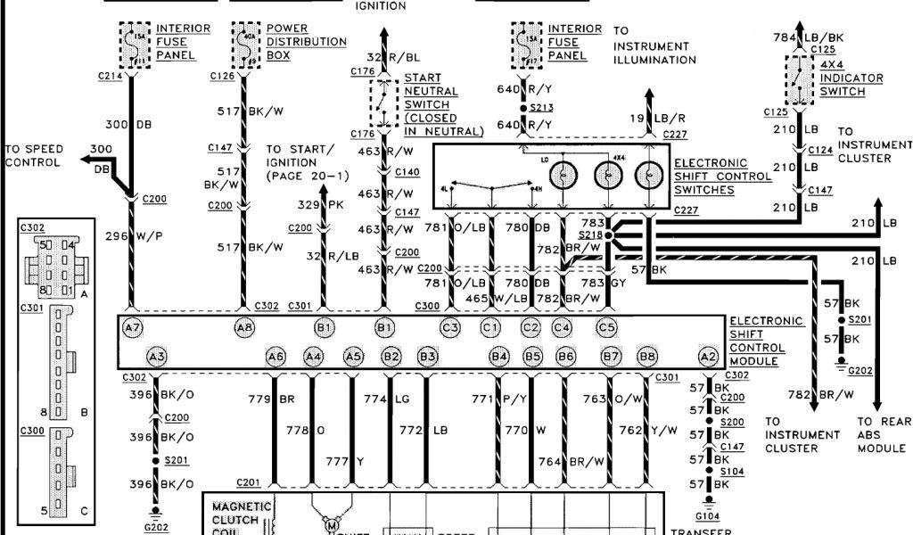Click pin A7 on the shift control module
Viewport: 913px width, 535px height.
[x=132, y=328]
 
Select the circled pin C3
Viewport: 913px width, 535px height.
[x=450, y=328]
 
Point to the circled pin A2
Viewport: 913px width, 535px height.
[x=708, y=357]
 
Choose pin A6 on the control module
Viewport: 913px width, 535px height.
[x=276, y=357]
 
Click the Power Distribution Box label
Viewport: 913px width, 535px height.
[x=307, y=42]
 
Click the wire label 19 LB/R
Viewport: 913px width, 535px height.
[x=644, y=118]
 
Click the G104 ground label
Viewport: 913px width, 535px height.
[x=706, y=514]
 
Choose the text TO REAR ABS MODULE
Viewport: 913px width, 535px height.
[x=883, y=434]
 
